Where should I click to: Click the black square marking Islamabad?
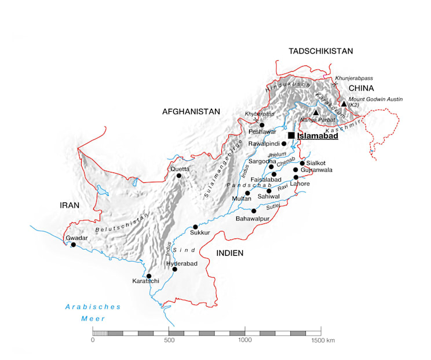click(x=291, y=135)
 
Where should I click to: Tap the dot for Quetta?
click(x=179, y=175)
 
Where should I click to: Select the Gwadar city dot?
click(x=74, y=245)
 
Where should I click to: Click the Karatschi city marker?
click(x=149, y=276)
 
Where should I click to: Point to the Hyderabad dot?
click(x=174, y=269)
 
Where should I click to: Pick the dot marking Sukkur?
click(x=195, y=227)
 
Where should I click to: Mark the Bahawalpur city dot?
click(x=254, y=211)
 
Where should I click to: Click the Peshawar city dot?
click(x=262, y=125)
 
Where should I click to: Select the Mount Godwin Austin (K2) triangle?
click(x=344, y=104)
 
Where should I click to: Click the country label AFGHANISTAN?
click(x=191, y=112)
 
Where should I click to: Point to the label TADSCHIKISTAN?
click(x=321, y=52)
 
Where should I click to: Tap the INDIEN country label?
click(x=229, y=253)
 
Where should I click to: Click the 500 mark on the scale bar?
click(x=169, y=340)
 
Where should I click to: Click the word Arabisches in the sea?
click(x=93, y=307)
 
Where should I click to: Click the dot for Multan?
click(x=247, y=193)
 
